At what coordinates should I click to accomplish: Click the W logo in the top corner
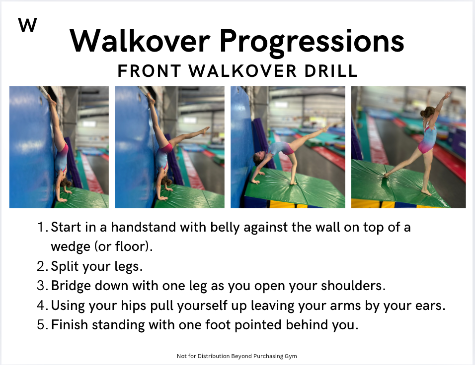[27, 25]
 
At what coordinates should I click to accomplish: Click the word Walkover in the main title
[140, 41]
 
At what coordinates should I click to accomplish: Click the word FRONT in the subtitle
[150, 71]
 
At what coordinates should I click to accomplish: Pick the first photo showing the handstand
[59, 147]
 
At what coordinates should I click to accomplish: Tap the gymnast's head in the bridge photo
[258, 159]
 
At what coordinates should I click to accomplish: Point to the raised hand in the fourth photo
[448, 95]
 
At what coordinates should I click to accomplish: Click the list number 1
[42, 227]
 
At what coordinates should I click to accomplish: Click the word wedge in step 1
[70, 247]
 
